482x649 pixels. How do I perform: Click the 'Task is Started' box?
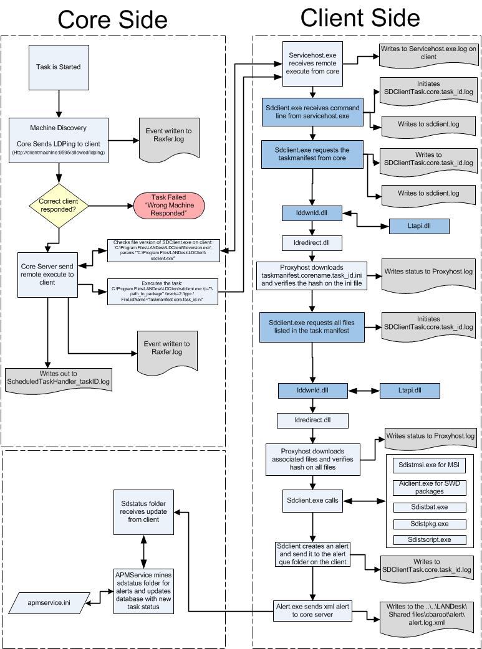57,67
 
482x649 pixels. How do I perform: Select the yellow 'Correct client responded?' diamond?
59,205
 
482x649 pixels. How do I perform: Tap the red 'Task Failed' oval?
169,205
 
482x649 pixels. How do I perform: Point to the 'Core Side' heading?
112,19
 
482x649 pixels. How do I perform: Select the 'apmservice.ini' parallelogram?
53,602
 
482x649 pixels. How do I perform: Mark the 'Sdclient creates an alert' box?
312,554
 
